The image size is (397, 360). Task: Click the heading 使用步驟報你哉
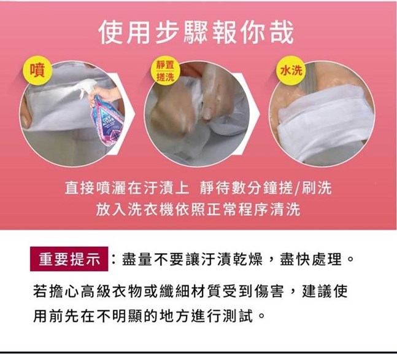[x=196, y=33]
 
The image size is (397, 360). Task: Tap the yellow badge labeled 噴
[x=37, y=70]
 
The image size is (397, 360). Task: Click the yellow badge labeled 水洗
[x=291, y=69]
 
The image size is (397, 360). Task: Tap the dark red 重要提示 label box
[x=69, y=259]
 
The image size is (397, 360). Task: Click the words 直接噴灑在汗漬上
[x=126, y=188]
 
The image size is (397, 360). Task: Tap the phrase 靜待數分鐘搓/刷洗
[x=266, y=188]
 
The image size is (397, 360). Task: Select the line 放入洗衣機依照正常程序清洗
[x=198, y=209]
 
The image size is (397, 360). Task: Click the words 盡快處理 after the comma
[x=310, y=259]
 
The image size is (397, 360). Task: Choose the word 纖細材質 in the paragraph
[x=190, y=291]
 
